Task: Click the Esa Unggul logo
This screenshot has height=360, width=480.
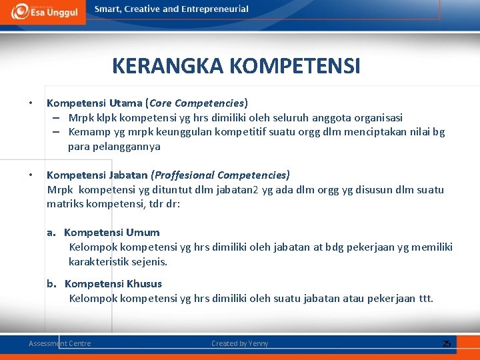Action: (x=41, y=12)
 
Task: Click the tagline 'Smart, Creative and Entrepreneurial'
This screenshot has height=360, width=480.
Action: (x=171, y=9)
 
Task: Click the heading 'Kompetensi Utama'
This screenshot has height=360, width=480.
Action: (x=94, y=103)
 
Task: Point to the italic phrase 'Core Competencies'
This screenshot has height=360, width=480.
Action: (x=197, y=103)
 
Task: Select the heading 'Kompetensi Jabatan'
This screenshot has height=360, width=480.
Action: (x=97, y=175)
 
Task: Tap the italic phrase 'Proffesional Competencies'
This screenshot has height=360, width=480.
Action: (x=221, y=175)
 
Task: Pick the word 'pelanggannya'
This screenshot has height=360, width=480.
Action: (x=114, y=147)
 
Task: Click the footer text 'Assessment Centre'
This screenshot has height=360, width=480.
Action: (x=60, y=343)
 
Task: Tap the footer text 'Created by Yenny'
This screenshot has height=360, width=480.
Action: (x=240, y=343)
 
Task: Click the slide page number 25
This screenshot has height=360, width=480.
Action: (x=447, y=343)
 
